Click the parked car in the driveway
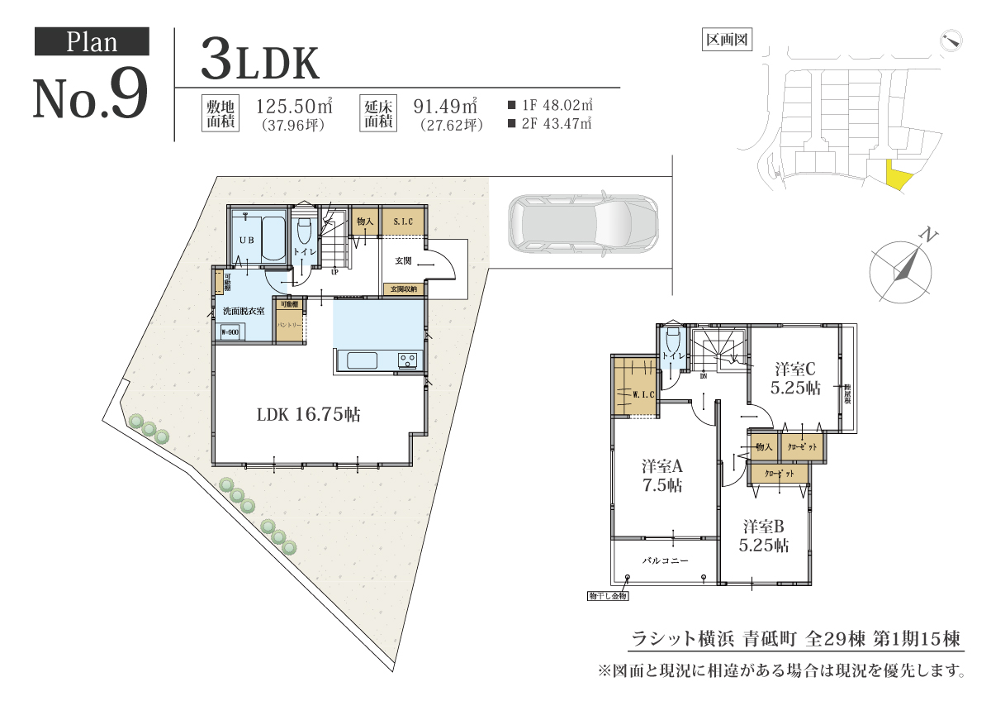(582, 223)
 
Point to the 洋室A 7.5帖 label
(662, 475)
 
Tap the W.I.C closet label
(642, 394)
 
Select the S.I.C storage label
(404, 222)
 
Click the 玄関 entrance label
(403, 260)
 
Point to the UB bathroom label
(246, 240)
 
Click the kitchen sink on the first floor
(362, 360)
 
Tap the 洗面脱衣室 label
(244, 311)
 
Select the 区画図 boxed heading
(727, 40)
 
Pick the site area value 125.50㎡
(294, 107)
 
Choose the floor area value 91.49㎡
(446, 107)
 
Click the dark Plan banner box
(92, 41)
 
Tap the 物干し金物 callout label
(609, 595)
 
